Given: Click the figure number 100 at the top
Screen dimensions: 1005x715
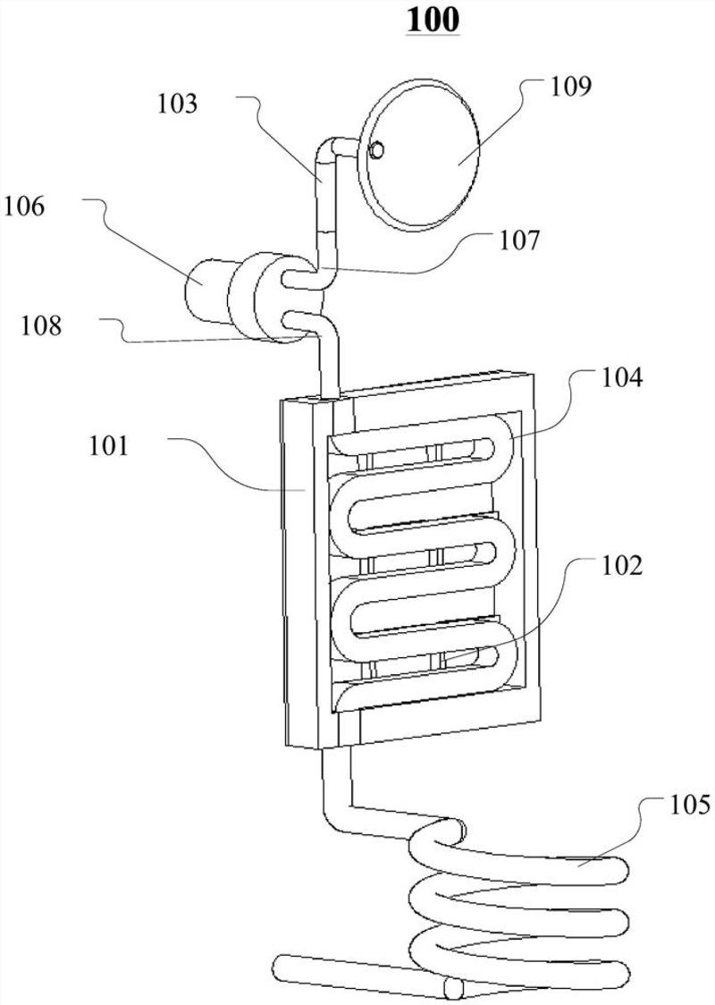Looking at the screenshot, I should click(433, 20).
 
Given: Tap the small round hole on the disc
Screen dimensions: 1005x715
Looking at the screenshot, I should click(377, 149).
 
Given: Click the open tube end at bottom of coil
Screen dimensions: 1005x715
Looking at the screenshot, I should click(450, 987).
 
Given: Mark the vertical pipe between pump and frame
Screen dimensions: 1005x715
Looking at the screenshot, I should click(332, 367).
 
